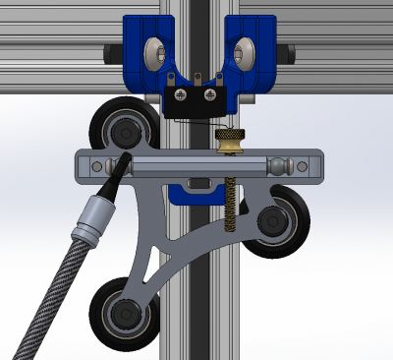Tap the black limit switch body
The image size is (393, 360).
(x=194, y=100)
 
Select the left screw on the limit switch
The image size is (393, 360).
(x=180, y=94)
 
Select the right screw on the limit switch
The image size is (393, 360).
(x=209, y=94)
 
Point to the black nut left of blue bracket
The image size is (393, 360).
(x=107, y=51)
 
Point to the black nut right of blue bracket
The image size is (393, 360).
(x=284, y=50)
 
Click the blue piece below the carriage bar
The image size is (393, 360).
(x=196, y=195)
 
